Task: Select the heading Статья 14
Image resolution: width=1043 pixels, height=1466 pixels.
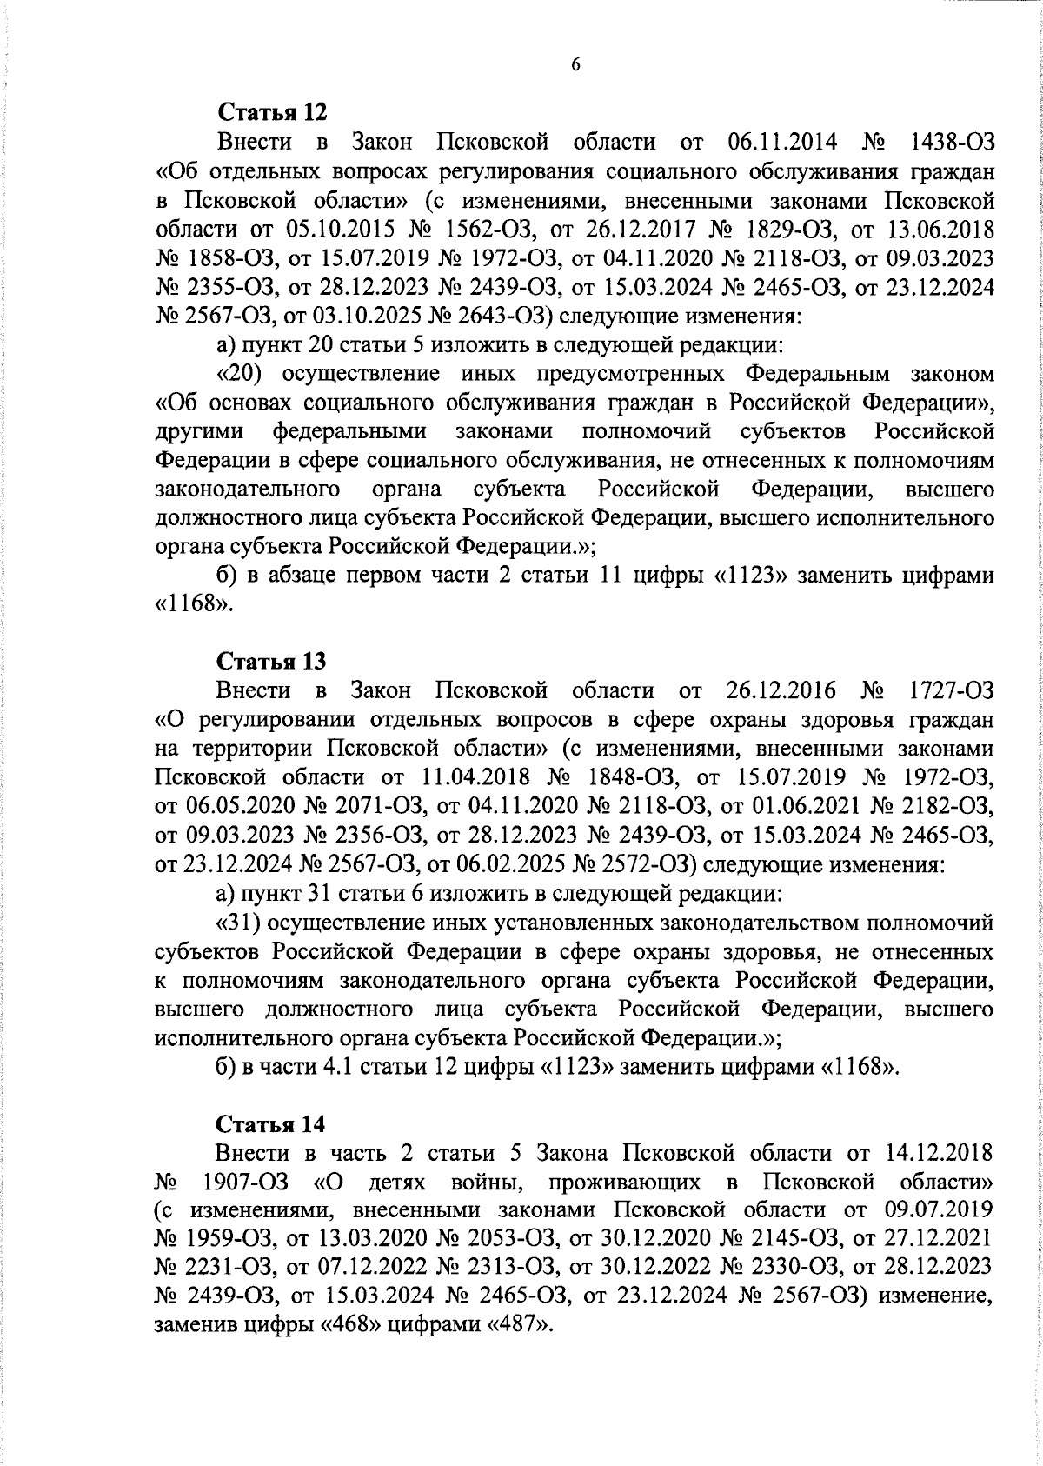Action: pyautogui.click(x=271, y=1124)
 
